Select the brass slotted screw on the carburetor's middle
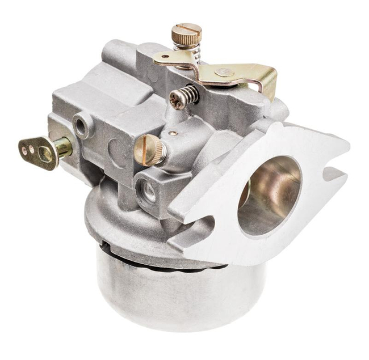[x=149, y=150]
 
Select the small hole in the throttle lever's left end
[x=165, y=57]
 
